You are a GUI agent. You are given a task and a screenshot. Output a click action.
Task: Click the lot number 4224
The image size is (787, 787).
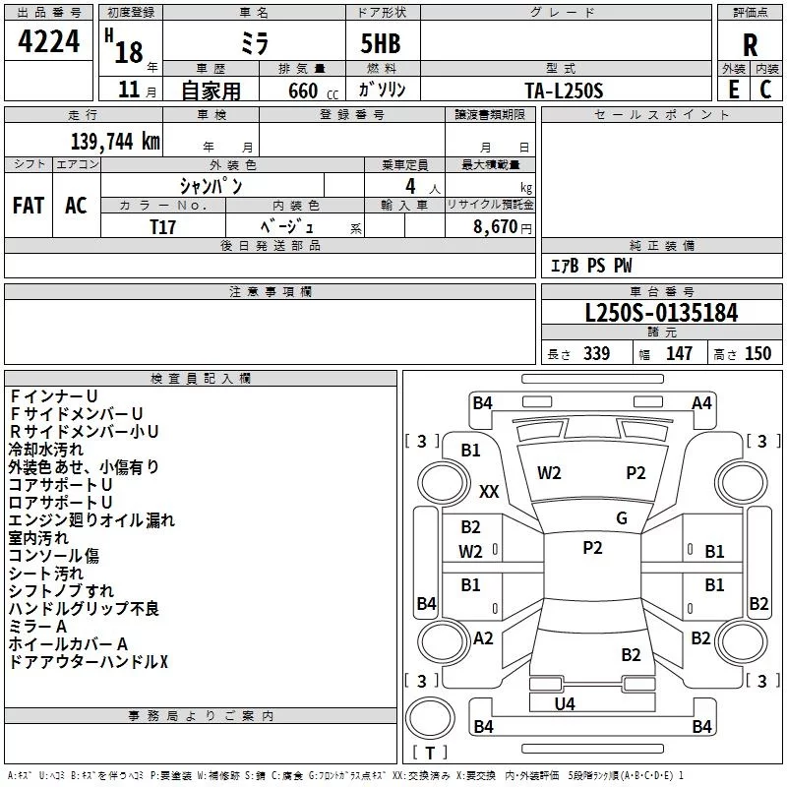tap(48, 41)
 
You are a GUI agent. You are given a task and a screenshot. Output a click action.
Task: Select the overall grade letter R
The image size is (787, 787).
tap(750, 45)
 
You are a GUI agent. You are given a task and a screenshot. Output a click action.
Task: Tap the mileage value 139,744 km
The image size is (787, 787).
tap(115, 141)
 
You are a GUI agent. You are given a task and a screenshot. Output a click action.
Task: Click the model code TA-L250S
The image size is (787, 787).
tap(564, 91)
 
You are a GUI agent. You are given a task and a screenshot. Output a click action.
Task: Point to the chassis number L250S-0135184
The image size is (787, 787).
tap(661, 313)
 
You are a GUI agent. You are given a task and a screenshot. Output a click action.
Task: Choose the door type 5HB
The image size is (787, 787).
tap(381, 43)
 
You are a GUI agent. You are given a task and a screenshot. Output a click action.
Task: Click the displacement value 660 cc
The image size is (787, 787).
tap(313, 91)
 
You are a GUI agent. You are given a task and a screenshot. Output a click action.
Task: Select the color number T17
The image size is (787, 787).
tap(162, 227)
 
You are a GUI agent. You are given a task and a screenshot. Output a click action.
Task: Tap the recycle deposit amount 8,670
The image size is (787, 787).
tap(495, 226)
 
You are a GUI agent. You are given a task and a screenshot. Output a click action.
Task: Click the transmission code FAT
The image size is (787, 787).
tap(29, 206)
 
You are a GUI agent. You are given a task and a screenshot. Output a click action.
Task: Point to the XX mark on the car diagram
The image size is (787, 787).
tap(489, 491)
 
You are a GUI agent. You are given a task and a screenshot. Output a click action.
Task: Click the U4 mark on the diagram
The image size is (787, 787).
tap(565, 704)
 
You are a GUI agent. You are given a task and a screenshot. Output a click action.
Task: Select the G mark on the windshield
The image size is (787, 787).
tap(622, 518)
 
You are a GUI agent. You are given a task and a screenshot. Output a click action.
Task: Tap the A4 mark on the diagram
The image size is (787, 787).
tap(701, 403)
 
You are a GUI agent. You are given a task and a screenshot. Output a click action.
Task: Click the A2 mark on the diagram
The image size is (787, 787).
tap(483, 638)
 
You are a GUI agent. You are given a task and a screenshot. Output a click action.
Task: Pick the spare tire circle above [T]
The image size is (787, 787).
tap(430, 718)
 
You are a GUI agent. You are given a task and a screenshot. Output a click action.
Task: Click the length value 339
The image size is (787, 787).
tap(596, 353)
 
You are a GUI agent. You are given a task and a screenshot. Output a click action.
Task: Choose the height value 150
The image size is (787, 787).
tap(757, 353)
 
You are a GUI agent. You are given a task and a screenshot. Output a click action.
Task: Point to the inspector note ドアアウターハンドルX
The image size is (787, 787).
tap(89, 662)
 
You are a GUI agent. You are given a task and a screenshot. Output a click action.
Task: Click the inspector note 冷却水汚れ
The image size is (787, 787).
tap(46, 450)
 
